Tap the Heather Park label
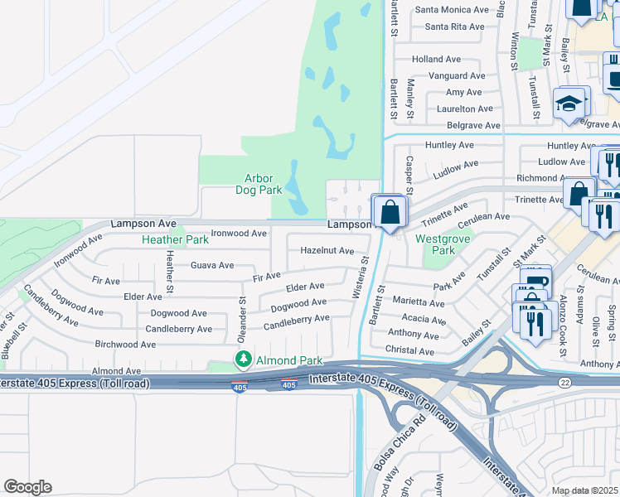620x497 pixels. point(175,239)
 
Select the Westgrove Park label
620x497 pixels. point(436,244)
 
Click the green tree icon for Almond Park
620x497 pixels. point(244,359)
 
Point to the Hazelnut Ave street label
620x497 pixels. point(327,250)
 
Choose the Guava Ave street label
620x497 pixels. point(212,265)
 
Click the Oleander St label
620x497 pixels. point(243,320)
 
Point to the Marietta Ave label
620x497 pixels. point(419,303)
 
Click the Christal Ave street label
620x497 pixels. point(410,351)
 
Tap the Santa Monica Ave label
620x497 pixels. point(452,10)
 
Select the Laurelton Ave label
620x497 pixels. point(459,109)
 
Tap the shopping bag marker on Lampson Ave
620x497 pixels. point(389,212)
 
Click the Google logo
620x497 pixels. point(27,487)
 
